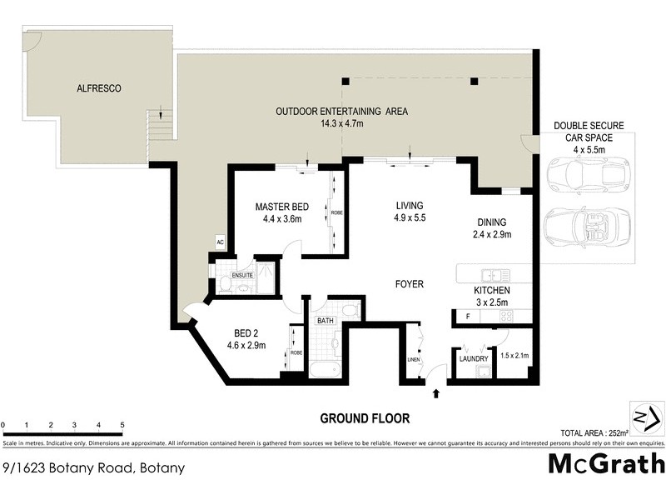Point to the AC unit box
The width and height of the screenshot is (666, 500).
(220, 242)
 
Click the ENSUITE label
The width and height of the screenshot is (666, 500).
(241, 274)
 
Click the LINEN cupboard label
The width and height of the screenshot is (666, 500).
(411, 359)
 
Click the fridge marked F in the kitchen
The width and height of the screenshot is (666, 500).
(468, 317)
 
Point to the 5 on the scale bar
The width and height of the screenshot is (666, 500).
(122, 426)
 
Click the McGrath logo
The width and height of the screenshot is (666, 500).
(605, 463)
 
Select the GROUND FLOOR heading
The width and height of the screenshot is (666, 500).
(365, 418)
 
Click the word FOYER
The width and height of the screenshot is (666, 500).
(409, 284)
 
